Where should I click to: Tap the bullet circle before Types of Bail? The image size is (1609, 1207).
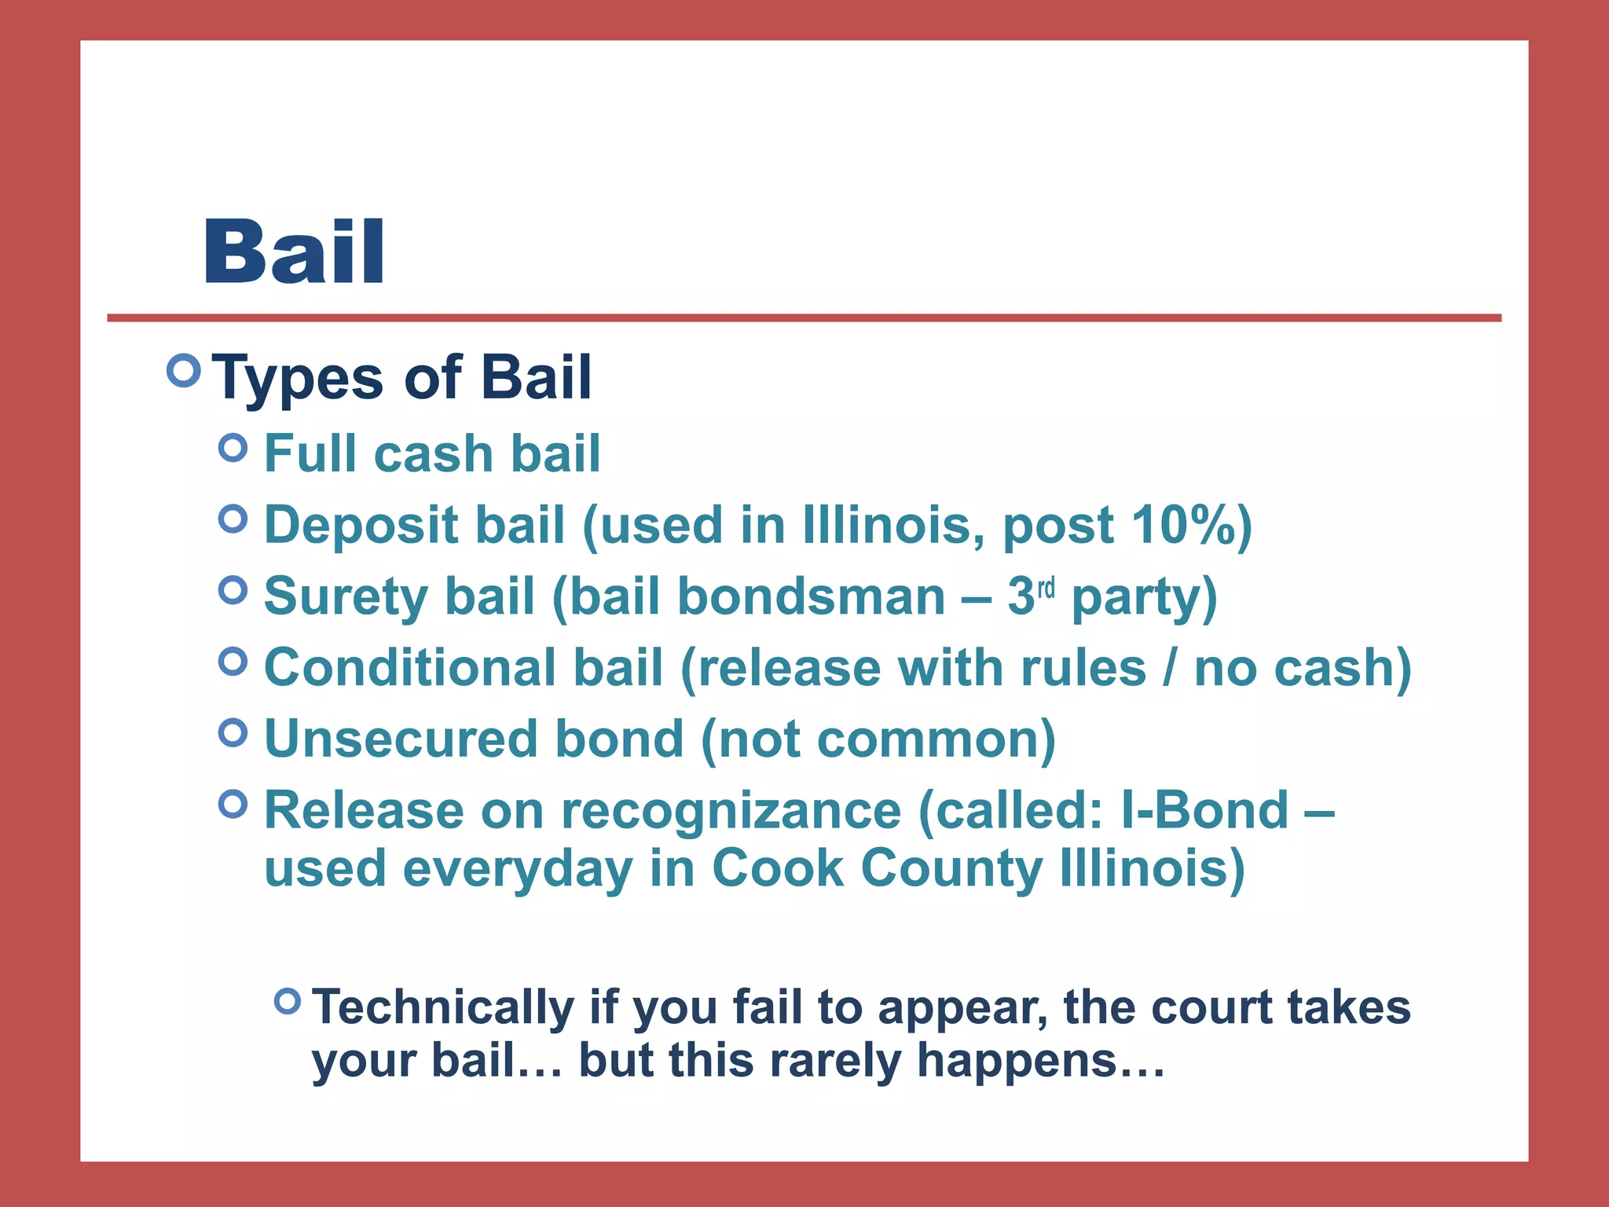[184, 370]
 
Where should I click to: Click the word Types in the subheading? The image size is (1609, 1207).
[299, 379]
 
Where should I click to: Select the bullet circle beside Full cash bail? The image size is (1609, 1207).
[233, 448]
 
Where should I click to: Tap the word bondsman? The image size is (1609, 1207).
[811, 596]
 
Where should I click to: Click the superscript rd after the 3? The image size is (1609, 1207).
[1046, 588]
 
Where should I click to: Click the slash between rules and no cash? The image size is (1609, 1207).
[1171, 668]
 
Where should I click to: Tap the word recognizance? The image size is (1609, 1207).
[731, 812]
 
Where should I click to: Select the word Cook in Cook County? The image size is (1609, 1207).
[777, 868]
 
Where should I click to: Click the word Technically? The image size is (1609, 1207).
[443, 1008]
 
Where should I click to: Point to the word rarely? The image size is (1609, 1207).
[834, 1061]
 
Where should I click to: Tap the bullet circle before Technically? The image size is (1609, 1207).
[288, 1000]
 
